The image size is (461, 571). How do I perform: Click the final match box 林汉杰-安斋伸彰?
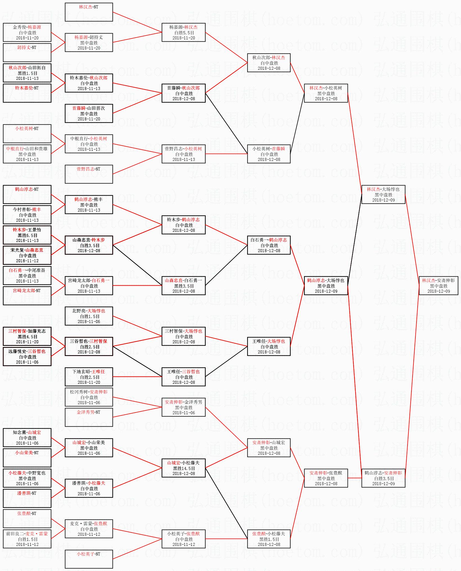pos(438,286)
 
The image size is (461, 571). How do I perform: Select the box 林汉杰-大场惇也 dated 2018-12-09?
pos(383,194)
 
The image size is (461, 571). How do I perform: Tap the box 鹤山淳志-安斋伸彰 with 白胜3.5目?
pos(383,478)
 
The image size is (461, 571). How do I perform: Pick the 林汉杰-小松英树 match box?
pos(326,93)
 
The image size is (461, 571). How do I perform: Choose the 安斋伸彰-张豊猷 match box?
pos(326,478)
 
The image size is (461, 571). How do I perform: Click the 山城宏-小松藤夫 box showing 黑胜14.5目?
pos(183,468)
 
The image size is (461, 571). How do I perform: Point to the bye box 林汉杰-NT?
pos(89,12)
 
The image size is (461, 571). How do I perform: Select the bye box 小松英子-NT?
pos(89,559)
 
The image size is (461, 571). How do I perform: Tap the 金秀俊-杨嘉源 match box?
pos(27,32)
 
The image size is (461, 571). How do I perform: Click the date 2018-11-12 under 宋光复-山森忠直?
pos(27,261)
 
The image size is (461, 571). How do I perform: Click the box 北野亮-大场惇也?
pos(89,316)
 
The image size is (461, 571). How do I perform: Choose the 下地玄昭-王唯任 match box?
pos(89,377)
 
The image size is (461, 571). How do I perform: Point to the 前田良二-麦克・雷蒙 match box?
pos(27,539)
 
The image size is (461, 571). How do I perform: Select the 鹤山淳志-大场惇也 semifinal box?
pos(326,286)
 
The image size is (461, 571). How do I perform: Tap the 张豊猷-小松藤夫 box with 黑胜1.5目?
pos(269,539)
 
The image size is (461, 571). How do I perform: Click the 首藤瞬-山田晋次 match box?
pos(89,113)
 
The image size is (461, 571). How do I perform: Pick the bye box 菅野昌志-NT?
pos(89,174)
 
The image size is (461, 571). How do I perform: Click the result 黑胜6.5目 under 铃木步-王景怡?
pos(27,235)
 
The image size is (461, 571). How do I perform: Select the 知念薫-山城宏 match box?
pos(27,438)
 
